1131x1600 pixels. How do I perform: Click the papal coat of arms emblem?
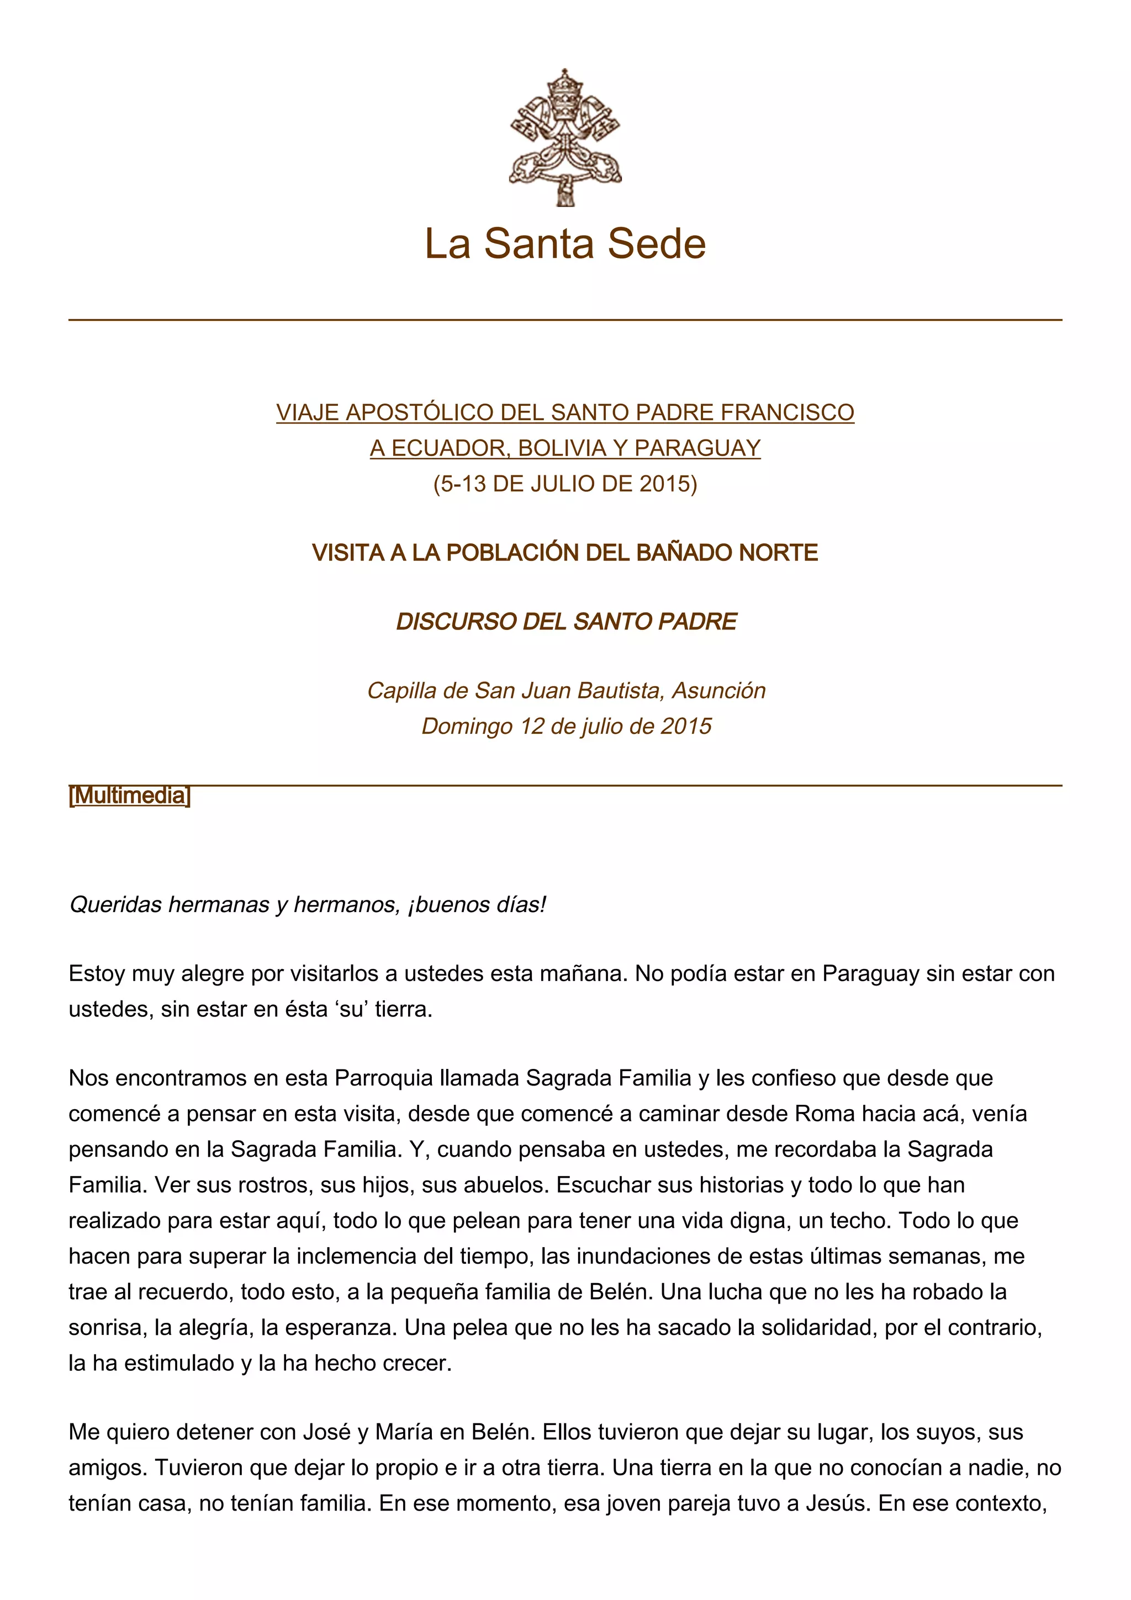[565, 137]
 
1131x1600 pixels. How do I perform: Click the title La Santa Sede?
[565, 243]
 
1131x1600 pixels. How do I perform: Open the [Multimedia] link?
[130, 795]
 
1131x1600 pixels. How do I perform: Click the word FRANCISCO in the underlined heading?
[787, 412]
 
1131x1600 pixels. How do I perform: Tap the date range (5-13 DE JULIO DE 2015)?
[565, 484]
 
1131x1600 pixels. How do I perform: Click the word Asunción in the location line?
[718, 691]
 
